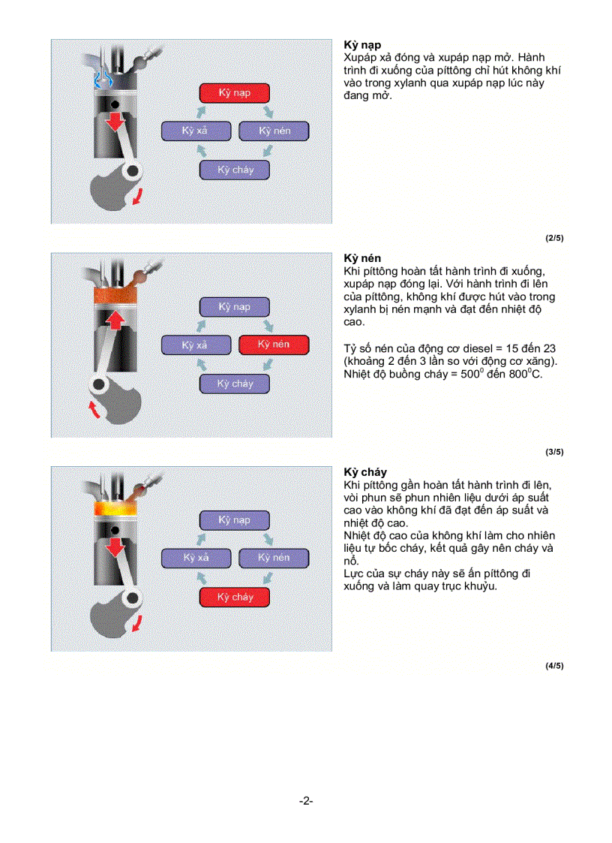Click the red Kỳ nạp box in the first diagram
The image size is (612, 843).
pyautogui.click(x=234, y=93)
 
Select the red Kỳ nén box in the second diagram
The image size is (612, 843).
pyautogui.click(x=273, y=345)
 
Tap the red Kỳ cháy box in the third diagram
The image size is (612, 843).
pyautogui.click(x=235, y=597)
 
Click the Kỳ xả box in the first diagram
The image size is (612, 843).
pyautogui.click(x=195, y=131)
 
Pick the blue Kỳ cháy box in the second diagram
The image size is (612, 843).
pyautogui.click(x=235, y=384)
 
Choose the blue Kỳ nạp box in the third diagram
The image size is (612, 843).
pyautogui.click(x=234, y=519)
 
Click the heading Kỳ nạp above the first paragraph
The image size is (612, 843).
pyautogui.click(x=361, y=45)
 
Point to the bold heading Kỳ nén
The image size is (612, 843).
pyautogui.click(x=361, y=258)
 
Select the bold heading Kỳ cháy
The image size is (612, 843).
pyautogui.click(x=364, y=472)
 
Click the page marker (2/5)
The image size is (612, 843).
pyautogui.click(x=553, y=238)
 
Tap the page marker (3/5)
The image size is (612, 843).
pyautogui.click(x=553, y=452)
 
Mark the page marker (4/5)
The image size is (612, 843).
pyautogui.click(x=553, y=666)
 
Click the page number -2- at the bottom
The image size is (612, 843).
pyautogui.click(x=305, y=801)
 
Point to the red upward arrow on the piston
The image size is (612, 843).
pyautogui.click(x=114, y=321)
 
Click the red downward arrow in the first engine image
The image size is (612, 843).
pyautogui.click(x=114, y=122)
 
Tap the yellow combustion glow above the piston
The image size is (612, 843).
pyautogui.click(x=115, y=509)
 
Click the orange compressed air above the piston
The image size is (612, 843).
pyautogui.click(x=115, y=294)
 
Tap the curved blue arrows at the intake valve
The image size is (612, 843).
pyautogui.click(x=100, y=80)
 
